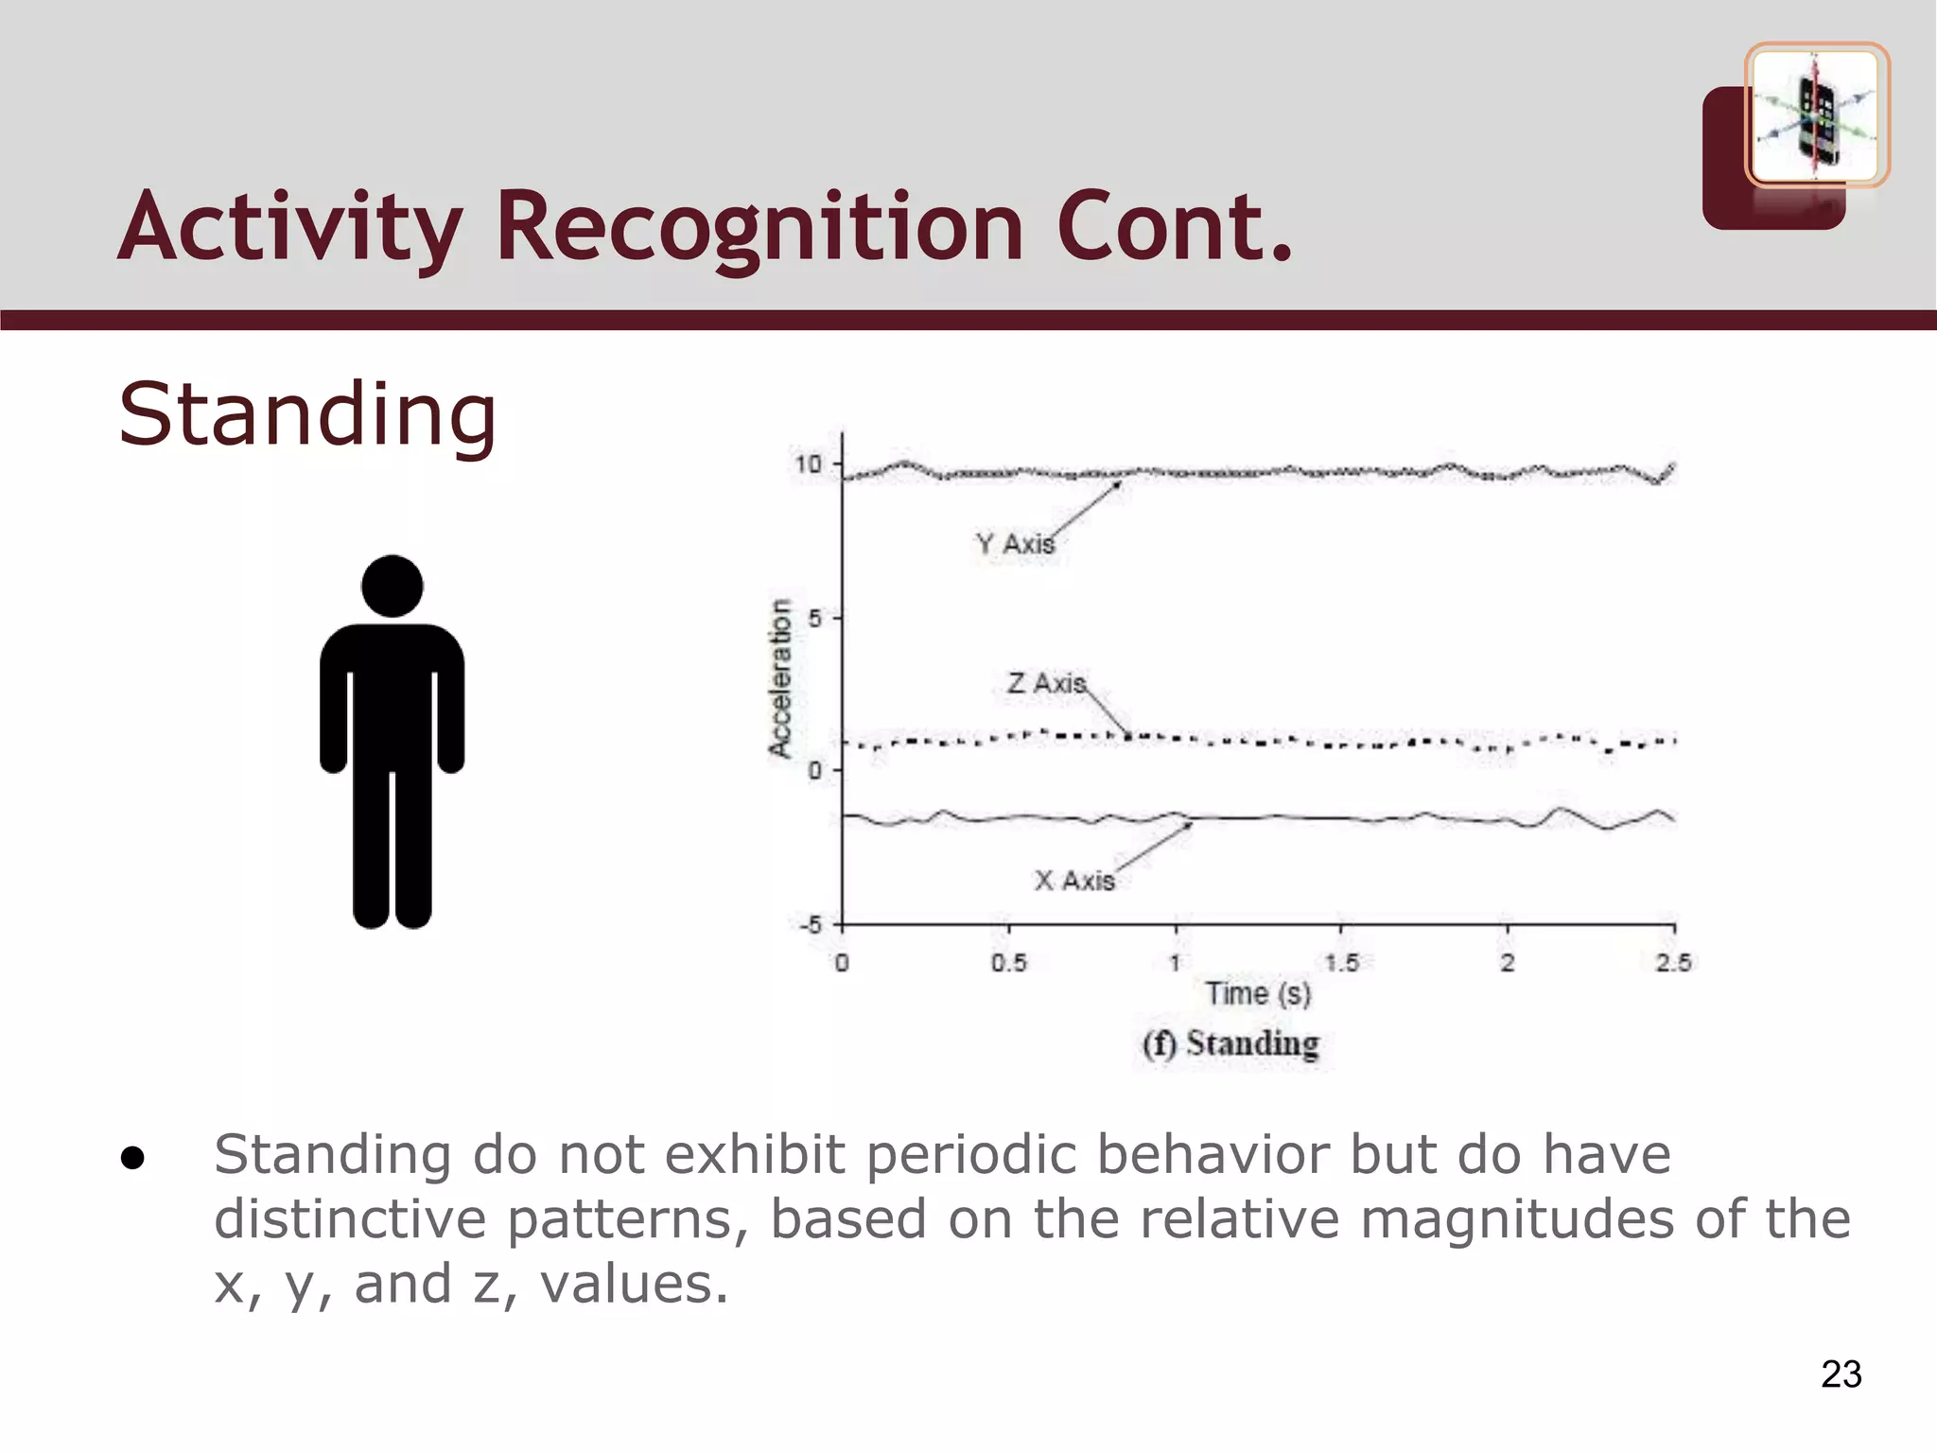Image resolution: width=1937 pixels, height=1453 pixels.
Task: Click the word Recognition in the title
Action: [x=759, y=227]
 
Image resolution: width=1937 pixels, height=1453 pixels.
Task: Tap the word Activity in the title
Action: [x=290, y=227]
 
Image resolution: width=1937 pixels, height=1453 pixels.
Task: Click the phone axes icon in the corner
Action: [x=1816, y=115]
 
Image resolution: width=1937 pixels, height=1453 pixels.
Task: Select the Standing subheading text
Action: [x=307, y=413]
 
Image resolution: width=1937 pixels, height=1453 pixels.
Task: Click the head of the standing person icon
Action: [x=392, y=586]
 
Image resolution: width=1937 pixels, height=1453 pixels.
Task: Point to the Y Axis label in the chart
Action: [x=1015, y=545]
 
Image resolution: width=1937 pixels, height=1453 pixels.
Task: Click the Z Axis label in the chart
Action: [x=1046, y=683]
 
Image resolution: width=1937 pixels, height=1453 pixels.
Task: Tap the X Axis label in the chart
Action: [x=1074, y=881]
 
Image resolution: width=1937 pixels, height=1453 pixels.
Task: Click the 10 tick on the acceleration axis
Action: [x=809, y=464]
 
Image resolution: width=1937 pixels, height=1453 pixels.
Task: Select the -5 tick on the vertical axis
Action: [x=811, y=924]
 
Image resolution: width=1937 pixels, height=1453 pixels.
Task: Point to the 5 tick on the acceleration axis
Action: [x=815, y=619]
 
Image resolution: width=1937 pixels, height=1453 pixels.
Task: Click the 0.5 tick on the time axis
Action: [x=1008, y=963]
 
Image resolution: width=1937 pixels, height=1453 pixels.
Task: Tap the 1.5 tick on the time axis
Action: [x=1341, y=963]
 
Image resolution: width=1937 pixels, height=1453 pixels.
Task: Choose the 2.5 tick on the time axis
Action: [x=1673, y=963]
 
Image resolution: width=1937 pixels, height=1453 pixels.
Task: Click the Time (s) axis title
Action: [x=1258, y=994]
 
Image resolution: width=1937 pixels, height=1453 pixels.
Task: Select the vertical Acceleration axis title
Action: [x=779, y=677]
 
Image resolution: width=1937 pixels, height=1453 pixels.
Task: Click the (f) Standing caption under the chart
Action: [x=1230, y=1044]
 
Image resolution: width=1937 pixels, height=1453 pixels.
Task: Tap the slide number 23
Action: [x=1841, y=1374]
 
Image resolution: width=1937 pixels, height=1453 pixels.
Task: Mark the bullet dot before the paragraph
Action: [x=132, y=1158]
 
